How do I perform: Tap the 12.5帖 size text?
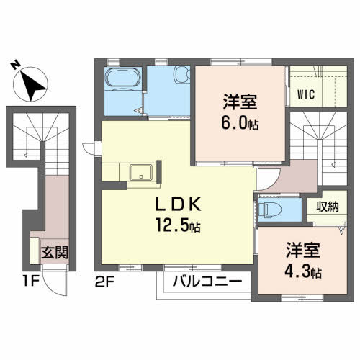pos(176,225)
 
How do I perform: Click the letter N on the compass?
pos(15,63)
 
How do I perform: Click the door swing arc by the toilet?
pos(265,182)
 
